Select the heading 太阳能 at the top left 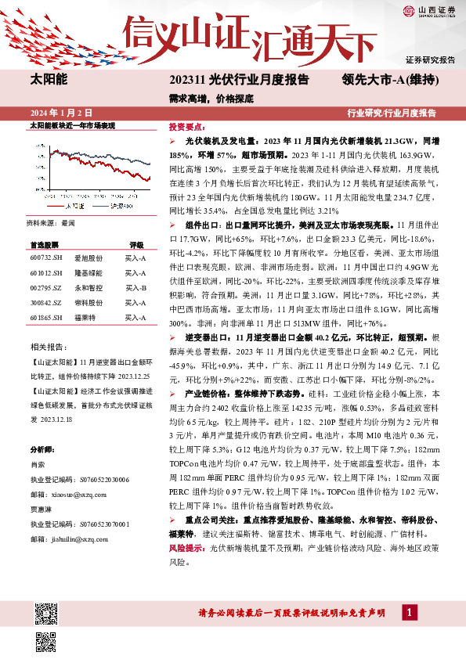click(49, 80)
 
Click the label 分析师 click(43, 450)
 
